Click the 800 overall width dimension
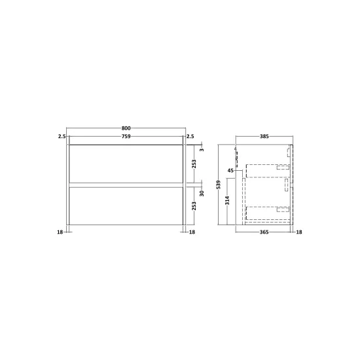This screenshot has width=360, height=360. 126,128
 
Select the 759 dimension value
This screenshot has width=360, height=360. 126,136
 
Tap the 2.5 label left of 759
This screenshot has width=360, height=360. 62,136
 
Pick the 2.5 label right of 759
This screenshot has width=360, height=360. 190,136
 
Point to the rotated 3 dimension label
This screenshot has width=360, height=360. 202,150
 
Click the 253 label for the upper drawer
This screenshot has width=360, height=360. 194,164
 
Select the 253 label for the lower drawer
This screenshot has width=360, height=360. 194,206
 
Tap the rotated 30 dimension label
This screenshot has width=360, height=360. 202,193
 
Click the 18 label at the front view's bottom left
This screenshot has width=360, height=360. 60,232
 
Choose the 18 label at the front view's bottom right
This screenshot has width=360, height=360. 192,232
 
